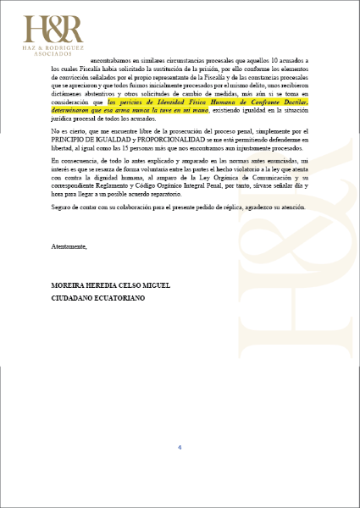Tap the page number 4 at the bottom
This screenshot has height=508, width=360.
pos(180,448)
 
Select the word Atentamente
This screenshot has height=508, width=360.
pos(69,247)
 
